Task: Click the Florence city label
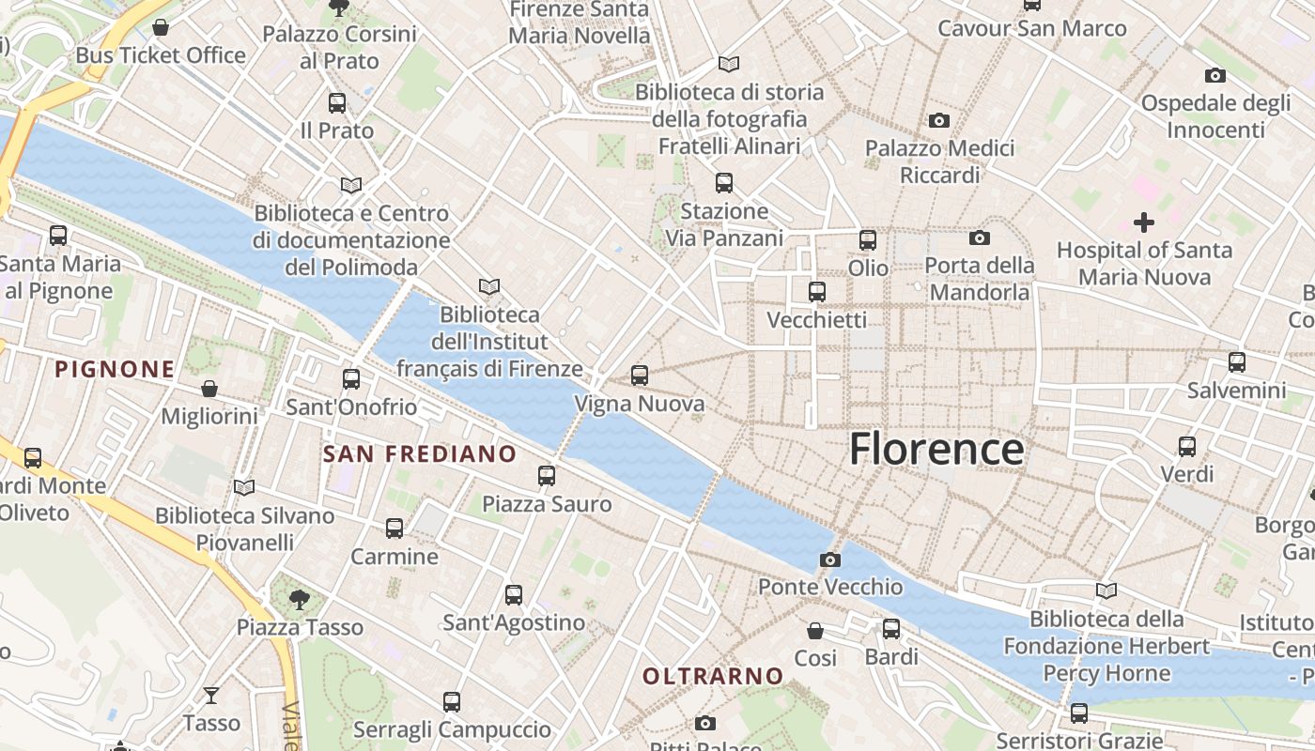click(936, 450)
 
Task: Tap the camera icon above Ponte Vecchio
click(830, 560)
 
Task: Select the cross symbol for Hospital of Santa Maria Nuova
click(1143, 222)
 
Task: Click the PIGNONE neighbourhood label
click(115, 369)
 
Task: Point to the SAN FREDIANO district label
click(420, 454)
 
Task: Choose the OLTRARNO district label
click(713, 676)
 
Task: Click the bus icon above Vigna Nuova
click(640, 375)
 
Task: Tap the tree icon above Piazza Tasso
click(300, 599)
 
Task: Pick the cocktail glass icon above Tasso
click(211, 696)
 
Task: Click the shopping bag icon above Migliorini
click(209, 389)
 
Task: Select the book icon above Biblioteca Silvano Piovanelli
click(244, 487)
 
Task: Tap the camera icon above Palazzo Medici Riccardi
click(938, 120)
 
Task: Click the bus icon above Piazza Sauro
click(547, 476)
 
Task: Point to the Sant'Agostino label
click(514, 622)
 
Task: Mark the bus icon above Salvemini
click(1237, 362)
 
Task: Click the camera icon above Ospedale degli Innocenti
click(1214, 75)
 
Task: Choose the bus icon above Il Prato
click(337, 103)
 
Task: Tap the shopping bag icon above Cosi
click(815, 631)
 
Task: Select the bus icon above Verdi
click(1187, 447)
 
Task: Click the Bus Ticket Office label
click(161, 55)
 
